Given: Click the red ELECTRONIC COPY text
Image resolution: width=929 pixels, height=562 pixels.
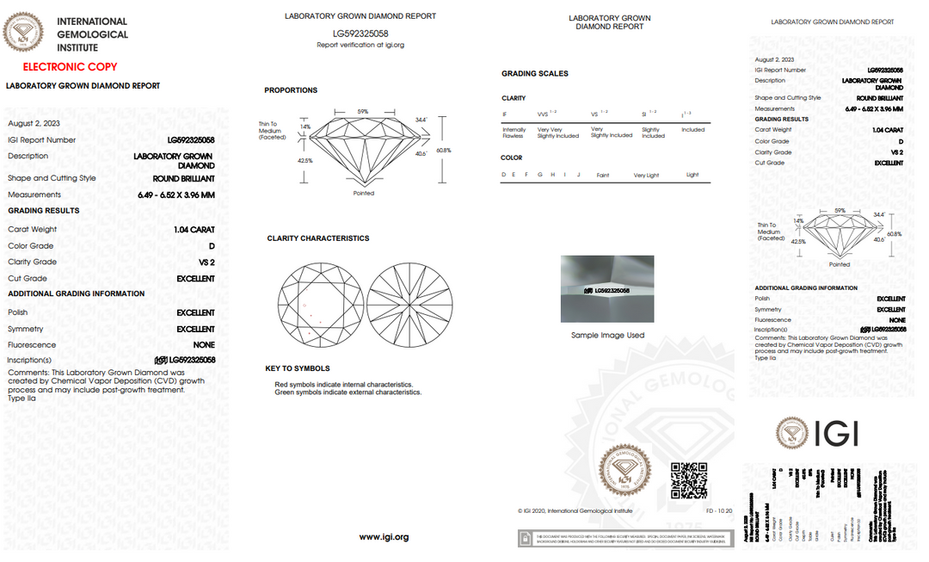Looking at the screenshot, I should pyautogui.click(x=70, y=66).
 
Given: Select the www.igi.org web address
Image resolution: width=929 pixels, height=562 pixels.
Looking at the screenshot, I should pyautogui.click(x=384, y=537).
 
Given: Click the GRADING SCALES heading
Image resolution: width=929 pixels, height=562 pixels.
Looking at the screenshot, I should pyautogui.click(x=535, y=74).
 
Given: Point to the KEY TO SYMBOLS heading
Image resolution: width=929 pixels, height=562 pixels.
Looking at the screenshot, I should pyautogui.click(x=297, y=368).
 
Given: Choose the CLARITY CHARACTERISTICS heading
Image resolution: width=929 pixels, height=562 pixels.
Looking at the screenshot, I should pyautogui.click(x=317, y=238).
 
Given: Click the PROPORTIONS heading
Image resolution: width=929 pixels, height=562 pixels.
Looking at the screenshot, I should pyautogui.click(x=291, y=90).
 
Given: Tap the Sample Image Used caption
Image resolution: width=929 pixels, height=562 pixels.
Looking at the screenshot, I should pyautogui.click(x=607, y=336).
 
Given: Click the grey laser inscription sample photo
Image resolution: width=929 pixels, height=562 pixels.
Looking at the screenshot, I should pyautogui.click(x=607, y=289).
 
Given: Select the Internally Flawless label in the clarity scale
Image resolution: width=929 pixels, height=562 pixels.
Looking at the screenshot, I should pyautogui.click(x=514, y=133).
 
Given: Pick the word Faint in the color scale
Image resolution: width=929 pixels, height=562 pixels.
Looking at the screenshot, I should pyautogui.click(x=603, y=176).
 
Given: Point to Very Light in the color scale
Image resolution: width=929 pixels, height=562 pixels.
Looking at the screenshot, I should pyautogui.click(x=646, y=176).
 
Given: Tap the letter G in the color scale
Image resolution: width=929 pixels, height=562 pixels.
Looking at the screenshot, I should pyautogui.click(x=540, y=176).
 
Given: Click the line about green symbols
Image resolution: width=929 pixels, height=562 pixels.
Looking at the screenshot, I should pyautogui.click(x=348, y=392).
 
